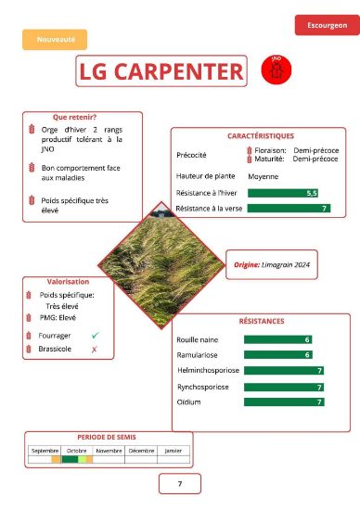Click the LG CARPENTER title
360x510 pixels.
point(161,70)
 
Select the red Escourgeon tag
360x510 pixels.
point(326,25)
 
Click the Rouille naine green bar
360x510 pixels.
point(277,339)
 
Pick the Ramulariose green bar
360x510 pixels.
point(277,355)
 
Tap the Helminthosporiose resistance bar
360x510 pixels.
point(284,371)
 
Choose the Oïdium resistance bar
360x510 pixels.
point(284,402)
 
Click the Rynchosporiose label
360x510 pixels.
point(203,387)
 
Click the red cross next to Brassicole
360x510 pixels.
point(95,350)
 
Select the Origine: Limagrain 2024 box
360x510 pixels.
point(272,264)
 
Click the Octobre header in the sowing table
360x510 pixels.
point(77,450)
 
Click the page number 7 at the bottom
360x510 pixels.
point(180,484)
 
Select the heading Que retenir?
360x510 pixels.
point(75,117)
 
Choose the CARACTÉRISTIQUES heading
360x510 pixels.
point(260,135)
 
